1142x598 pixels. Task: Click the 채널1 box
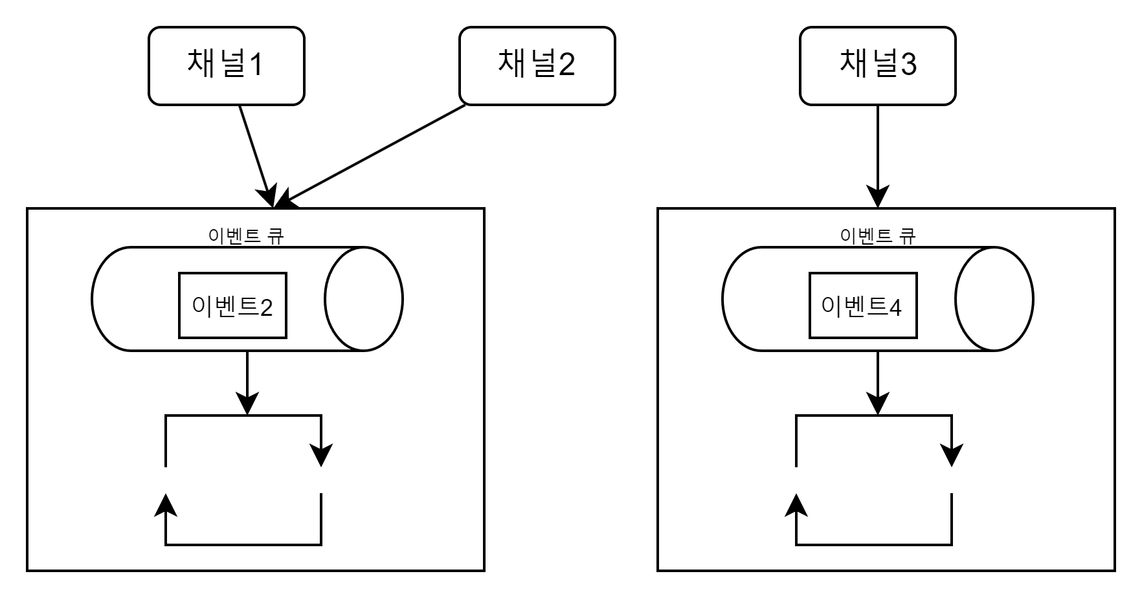point(226,65)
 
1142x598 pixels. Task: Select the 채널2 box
point(537,65)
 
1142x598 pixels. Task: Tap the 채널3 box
point(877,65)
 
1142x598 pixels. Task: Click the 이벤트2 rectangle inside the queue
point(232,305)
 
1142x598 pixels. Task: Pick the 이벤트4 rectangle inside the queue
point(862,305)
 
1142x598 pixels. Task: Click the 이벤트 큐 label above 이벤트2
point(246,236)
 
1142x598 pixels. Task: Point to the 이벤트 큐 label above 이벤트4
point(877,236)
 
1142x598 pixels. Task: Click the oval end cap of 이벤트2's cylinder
point(364,299)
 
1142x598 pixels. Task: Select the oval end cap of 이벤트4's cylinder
point(994,299)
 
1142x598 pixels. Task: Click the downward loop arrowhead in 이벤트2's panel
point(321,454)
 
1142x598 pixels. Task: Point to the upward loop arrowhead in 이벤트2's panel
point(166,505)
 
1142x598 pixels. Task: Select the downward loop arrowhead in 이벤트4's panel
point(952,454)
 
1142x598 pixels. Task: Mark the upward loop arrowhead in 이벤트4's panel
point(796,505)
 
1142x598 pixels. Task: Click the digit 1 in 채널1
point(256,65)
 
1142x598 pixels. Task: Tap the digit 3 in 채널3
point(908,65)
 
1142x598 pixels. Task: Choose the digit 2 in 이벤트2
point(266,307)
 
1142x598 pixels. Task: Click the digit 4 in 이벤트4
point(895,307)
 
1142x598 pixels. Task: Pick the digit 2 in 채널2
point(567,65)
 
